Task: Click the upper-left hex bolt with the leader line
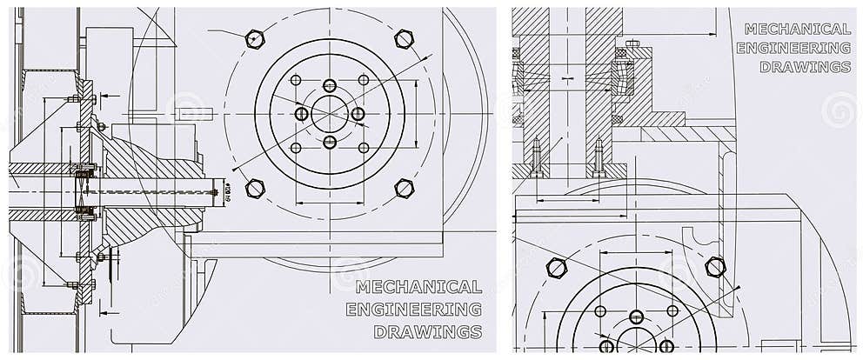pos(254,37)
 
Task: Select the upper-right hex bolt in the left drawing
pos(403,37)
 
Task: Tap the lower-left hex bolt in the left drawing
pos(254,188)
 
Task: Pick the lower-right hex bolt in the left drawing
pos(403,188)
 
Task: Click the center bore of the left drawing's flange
pos(329,113)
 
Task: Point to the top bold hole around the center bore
pos(329,85)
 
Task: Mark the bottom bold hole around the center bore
pos(329,142)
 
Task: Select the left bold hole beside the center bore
pos(301,114)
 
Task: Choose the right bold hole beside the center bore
pos(358,114)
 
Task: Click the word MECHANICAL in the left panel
pos(418,287)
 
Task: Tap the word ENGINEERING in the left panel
pos(413,309)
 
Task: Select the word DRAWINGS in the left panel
pos(427,331)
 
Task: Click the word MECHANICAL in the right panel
pos(797,29)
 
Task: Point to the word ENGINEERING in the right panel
pos(793,48)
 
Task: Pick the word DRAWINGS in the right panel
pos(805,67)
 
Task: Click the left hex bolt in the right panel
pos(556,267)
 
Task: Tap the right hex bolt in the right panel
pos(715,267)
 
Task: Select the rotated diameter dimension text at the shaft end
pos(227,191)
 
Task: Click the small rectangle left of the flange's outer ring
pos(189,113)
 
